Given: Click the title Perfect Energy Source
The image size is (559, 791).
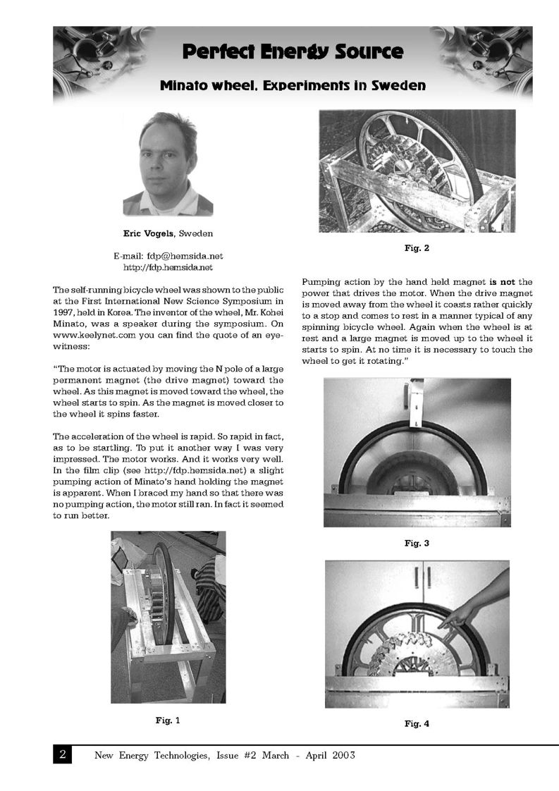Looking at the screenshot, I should [x=293, y=51].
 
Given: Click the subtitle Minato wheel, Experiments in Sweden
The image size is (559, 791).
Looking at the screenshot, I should [x=293, y=86].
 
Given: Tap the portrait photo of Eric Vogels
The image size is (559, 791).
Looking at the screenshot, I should [x=168, y=164].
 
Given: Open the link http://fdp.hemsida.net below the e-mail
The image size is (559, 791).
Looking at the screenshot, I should [x=168, y=267].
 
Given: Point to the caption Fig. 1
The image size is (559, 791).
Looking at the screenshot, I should [x=168, y=720].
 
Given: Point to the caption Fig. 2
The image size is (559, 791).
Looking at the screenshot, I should [x=417, y=248].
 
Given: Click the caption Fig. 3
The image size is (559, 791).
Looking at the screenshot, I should [x=417, y=543].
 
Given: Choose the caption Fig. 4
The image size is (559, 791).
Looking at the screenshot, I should [x=417, y=723].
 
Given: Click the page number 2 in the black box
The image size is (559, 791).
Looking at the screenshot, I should [x=63, y=755].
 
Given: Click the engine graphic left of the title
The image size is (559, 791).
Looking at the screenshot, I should [x=99, y=60].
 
